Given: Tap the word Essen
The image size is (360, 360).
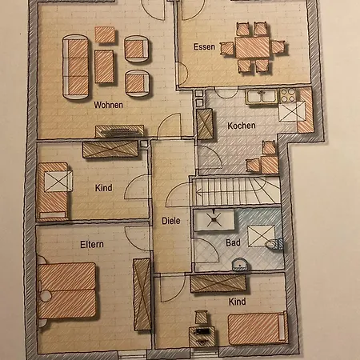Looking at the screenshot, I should [204, 47].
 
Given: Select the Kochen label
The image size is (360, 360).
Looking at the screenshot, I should [241, 126].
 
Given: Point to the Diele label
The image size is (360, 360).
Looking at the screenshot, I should [171, 222].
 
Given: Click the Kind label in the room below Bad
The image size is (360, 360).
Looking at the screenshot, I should [237, 302].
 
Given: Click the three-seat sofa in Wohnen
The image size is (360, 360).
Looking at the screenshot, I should [76, 58].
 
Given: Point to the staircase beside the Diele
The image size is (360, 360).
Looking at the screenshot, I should [235, 192].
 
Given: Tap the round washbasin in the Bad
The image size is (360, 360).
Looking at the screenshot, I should [238, 264].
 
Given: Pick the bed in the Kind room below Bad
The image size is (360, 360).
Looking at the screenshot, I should [256, 327].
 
